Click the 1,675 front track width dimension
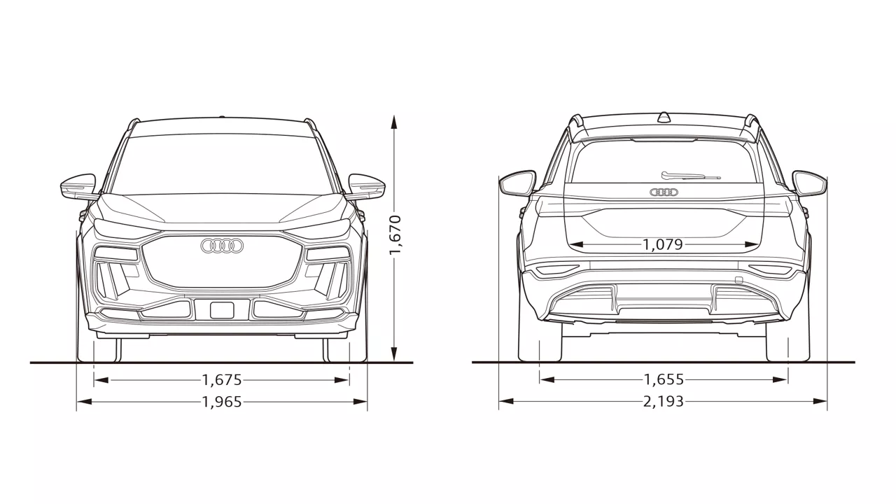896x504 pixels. (x=222, y=379)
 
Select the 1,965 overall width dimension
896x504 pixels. (x=222, y=402)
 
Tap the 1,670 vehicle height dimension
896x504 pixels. (x=395, y=234)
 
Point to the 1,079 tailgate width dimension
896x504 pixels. (x=663, y=244)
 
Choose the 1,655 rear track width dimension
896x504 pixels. (x=664, y=379)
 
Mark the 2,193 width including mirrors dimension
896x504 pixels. (x=664, y=401)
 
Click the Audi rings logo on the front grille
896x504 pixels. (x=222, y=246)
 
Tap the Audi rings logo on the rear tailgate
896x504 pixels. (x=664, y=192)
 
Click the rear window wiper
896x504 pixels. (x=690, y=176)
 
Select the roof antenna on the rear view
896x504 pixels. (x=664, y=117)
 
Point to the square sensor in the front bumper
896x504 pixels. (x=222, y=310)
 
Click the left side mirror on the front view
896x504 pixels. (x=79, y=186)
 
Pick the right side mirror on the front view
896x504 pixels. (x=366, y=186)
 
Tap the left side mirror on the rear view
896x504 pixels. (x=517, y=183)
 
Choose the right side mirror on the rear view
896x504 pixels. (x=809, y=183)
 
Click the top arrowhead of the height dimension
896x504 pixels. (x=394, y=122)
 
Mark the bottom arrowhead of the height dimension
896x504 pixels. (x=394, y=354)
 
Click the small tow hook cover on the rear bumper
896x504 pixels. (x=738, y=281)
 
